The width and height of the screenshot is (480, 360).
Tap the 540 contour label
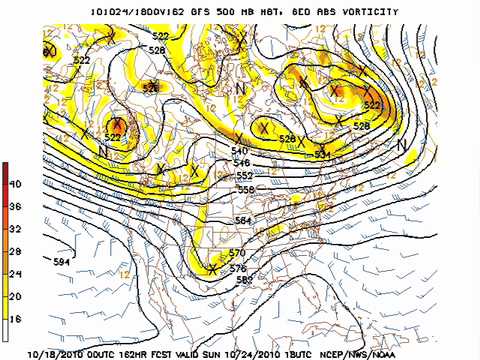click(240, 149)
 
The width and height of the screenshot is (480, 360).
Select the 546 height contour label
click(241, 161)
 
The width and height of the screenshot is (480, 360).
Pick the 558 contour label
click(245, 188)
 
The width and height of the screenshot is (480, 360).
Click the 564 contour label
click(241, 220)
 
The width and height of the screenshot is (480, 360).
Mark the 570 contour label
click(237, 253)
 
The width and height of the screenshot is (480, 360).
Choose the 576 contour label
click(238, 268)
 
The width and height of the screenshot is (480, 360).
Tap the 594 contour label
click(61, 261)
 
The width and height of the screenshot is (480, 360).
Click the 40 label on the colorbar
click(15, 184)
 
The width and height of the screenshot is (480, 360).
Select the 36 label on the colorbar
click(15, 205)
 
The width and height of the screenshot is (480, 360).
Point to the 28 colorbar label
click(15, 250)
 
